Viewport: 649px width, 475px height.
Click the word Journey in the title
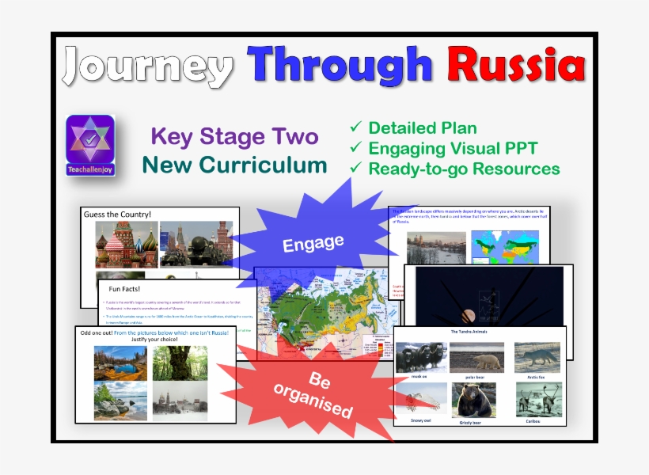coord(149,65)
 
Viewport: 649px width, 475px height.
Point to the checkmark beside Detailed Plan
coord(356,127)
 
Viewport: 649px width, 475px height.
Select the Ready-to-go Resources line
coord(464,169)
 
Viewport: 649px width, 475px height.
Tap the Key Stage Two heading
coord(234,137)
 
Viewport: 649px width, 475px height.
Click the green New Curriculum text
coord(234,165)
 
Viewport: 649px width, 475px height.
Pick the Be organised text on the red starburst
coord(314,393)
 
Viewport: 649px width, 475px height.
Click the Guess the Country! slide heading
coord(119,215)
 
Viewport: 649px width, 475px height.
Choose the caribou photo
coord(537,400)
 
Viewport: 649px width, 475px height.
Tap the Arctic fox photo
coord(537,355)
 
